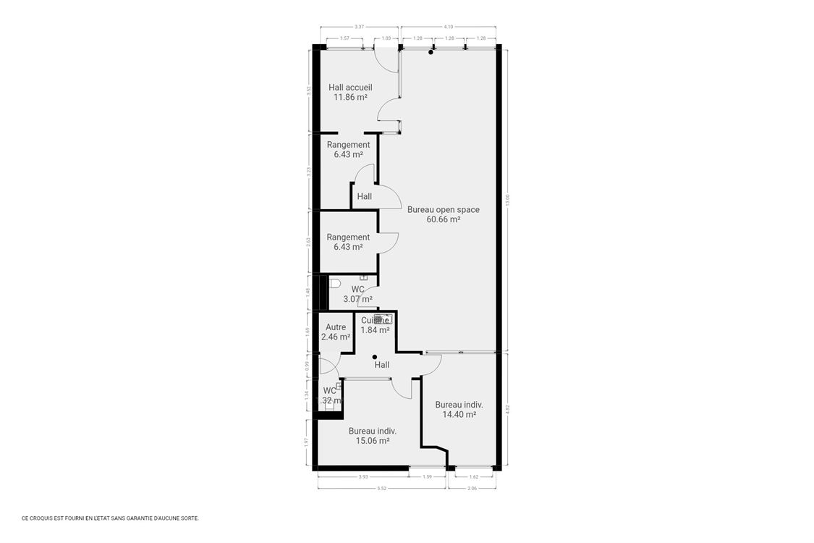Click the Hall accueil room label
coord(350,88)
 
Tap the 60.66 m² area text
coord(443,219)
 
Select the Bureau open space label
coord(443,210)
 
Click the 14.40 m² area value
coord(459,415)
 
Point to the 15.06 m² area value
coord(373,440)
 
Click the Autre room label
coord(335,327)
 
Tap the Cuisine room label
coord(376,321)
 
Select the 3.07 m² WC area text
coord(357,299)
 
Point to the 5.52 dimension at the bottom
coord(381,489)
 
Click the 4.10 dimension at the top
coord(449,28)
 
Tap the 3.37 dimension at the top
coord(359,28)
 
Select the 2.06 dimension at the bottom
coord(472,489)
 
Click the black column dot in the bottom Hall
coord(374,357)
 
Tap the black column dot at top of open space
coord(431,52)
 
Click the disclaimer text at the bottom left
coord(110,518)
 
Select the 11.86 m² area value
coord(350,97)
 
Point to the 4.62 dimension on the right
coord(507,408)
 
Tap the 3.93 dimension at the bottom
coord(363,476)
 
